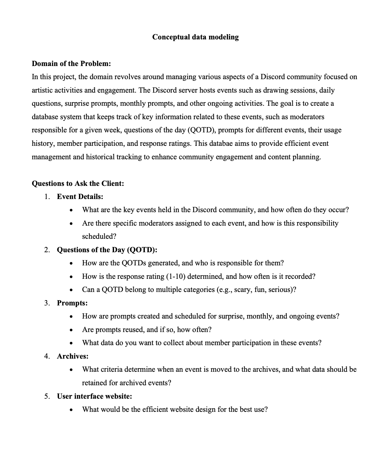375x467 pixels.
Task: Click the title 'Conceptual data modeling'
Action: click(195, 37)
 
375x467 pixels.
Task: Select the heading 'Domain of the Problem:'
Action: click(71, 63)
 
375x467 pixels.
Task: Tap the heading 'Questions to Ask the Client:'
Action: click(78, 183)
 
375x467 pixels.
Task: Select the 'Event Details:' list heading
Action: click(80, 197)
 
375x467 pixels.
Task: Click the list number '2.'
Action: click(47, 250)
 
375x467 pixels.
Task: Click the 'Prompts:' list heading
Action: click(72, 303)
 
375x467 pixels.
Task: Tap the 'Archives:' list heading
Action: click(73, 356)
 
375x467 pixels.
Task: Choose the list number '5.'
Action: click(47, 396)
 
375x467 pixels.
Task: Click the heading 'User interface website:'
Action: click(94, 396)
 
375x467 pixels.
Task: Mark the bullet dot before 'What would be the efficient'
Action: click(71, 410)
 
